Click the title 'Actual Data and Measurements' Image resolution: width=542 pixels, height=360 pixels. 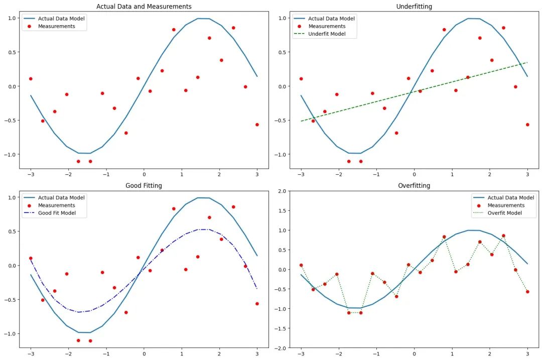144,7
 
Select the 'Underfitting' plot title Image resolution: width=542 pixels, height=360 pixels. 414,7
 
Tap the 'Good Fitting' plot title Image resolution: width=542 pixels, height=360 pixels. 144,186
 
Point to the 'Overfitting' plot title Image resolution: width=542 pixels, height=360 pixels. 414,186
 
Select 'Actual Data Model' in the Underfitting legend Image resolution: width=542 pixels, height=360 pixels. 332,19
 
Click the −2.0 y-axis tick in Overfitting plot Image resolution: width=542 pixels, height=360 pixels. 282,348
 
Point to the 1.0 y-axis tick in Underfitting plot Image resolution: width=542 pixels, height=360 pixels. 282,18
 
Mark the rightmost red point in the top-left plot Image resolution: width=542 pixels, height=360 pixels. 257,125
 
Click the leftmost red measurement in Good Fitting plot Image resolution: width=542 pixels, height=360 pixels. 31,258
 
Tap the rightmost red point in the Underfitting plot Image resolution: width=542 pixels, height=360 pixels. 527,125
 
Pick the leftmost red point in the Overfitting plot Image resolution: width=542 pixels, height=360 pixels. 301,265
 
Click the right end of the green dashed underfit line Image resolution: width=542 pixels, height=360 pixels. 527,63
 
